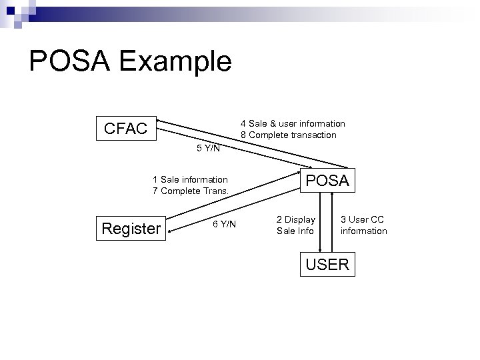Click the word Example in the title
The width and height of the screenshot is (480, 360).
click(x=177, y=63)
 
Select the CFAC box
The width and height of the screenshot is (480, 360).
click(x=125, y=129)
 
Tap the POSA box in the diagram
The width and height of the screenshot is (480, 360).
click(x=327, y=180)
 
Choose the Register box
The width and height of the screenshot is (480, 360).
click(x=131, y=229)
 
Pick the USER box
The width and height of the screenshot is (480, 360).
click(x=327, y=264)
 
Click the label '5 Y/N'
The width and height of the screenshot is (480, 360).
click(x=208, y=148)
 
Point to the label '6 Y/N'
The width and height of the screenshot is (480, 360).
click(x=224, y=224)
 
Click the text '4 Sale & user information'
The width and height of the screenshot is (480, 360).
click(x=293, y=123)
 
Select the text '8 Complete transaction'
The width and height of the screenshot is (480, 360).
click(x=289, y=135)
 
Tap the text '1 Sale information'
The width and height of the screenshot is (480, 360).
click(x=190, y=179)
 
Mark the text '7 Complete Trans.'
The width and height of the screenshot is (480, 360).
click(x=191, y=191)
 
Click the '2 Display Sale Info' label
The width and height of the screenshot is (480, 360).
click(x=296, y=225)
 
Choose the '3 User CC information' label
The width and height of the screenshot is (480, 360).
click(x=363, y=225)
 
